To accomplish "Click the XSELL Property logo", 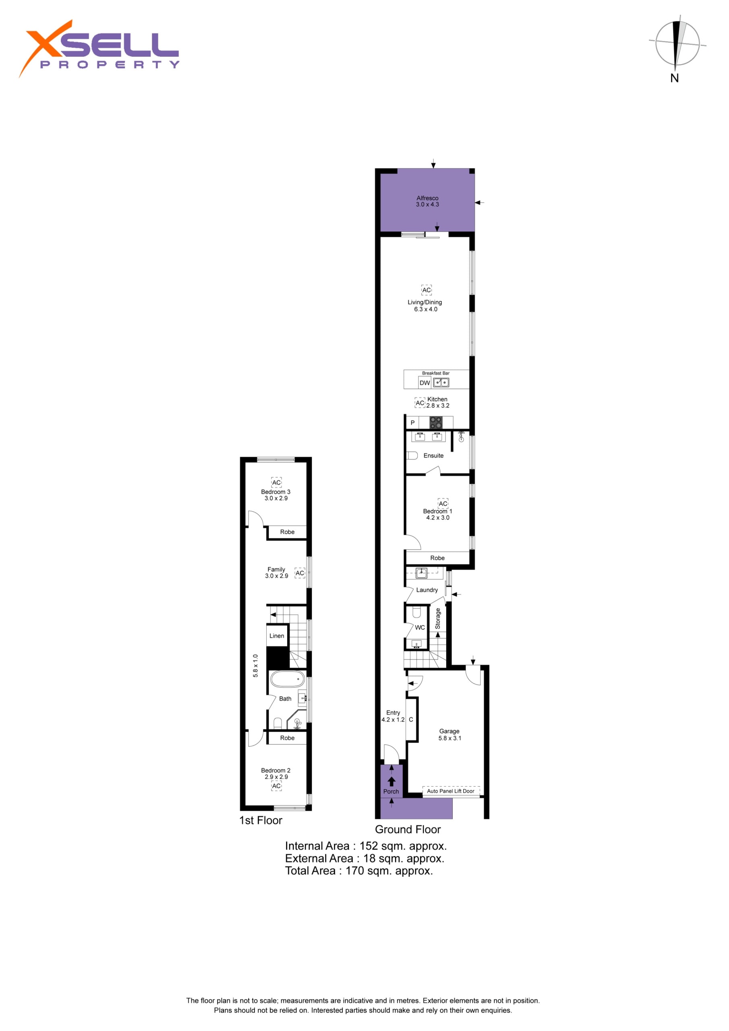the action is [99, 48].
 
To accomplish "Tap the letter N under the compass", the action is [674, 78].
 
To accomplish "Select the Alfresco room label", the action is [427, 198].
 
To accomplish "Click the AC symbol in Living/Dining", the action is [426, 290].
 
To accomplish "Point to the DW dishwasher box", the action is [425, 383].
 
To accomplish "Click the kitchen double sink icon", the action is [441, 383].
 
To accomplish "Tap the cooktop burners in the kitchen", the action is [436, 422].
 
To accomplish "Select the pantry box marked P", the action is [412, 422].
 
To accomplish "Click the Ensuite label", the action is [433, 455].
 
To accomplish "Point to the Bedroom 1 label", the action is [437, 511].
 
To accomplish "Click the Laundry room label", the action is [427, 590].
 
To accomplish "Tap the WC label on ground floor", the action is [420, 627].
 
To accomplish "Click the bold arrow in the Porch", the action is [391, 781].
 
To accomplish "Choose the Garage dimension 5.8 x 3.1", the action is [449, 738].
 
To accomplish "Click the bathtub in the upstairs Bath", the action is [287, 679].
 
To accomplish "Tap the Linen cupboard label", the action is [277, 636].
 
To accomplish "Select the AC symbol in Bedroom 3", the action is [276, 482].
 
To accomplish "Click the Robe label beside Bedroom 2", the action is [287, 738].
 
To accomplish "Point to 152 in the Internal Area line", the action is [368, 846].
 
